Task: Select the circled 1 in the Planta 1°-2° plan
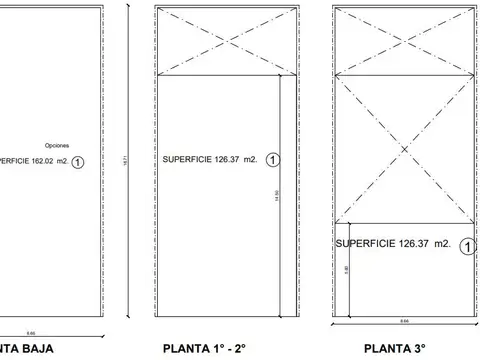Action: click(273, 159)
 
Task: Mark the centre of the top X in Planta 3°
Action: click(404, 41)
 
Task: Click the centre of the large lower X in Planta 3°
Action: click(404, 148)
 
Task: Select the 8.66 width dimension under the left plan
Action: click(60, 333)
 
